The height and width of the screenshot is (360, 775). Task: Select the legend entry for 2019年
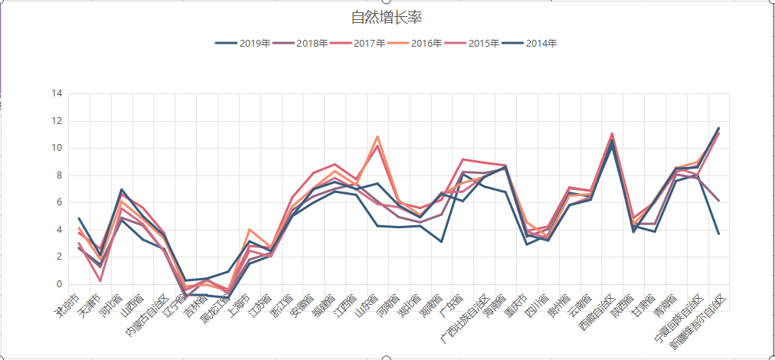244,44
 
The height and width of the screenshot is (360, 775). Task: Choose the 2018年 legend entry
301,44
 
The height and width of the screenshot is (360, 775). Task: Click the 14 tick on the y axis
57,93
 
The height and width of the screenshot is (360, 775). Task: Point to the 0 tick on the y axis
59,284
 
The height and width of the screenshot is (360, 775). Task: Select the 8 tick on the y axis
59,175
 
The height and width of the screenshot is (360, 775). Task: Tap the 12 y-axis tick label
57,121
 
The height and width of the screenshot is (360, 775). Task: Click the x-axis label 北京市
67,303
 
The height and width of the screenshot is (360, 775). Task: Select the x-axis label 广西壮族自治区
464,320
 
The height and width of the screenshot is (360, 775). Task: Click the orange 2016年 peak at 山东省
378,136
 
